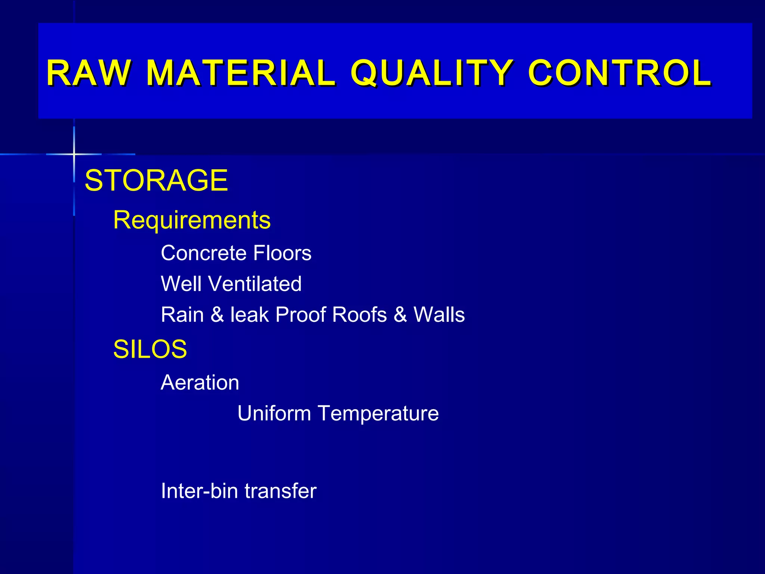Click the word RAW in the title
pos(89,73)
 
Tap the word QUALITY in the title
pos(431,73)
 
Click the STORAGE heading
pos(156,180)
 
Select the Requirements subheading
pos(192,220)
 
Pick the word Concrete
pos(204,253)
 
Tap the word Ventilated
pos(255,284)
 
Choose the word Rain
pos(182,315)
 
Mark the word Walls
pos(439,315)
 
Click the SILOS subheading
pos(150,349)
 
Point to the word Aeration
pos(200,383)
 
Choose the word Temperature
pos(378,413)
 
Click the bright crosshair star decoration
pos(74,154)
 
